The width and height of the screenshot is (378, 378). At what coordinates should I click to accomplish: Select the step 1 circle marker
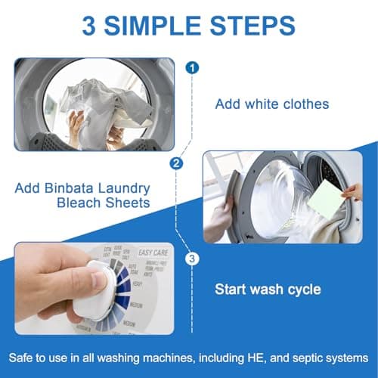point(194,67)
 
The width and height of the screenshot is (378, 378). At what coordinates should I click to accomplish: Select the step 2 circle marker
point(176,163)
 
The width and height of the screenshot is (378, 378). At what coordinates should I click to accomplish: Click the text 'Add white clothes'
point(271,104)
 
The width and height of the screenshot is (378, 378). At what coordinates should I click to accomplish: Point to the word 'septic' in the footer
point(302,356)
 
